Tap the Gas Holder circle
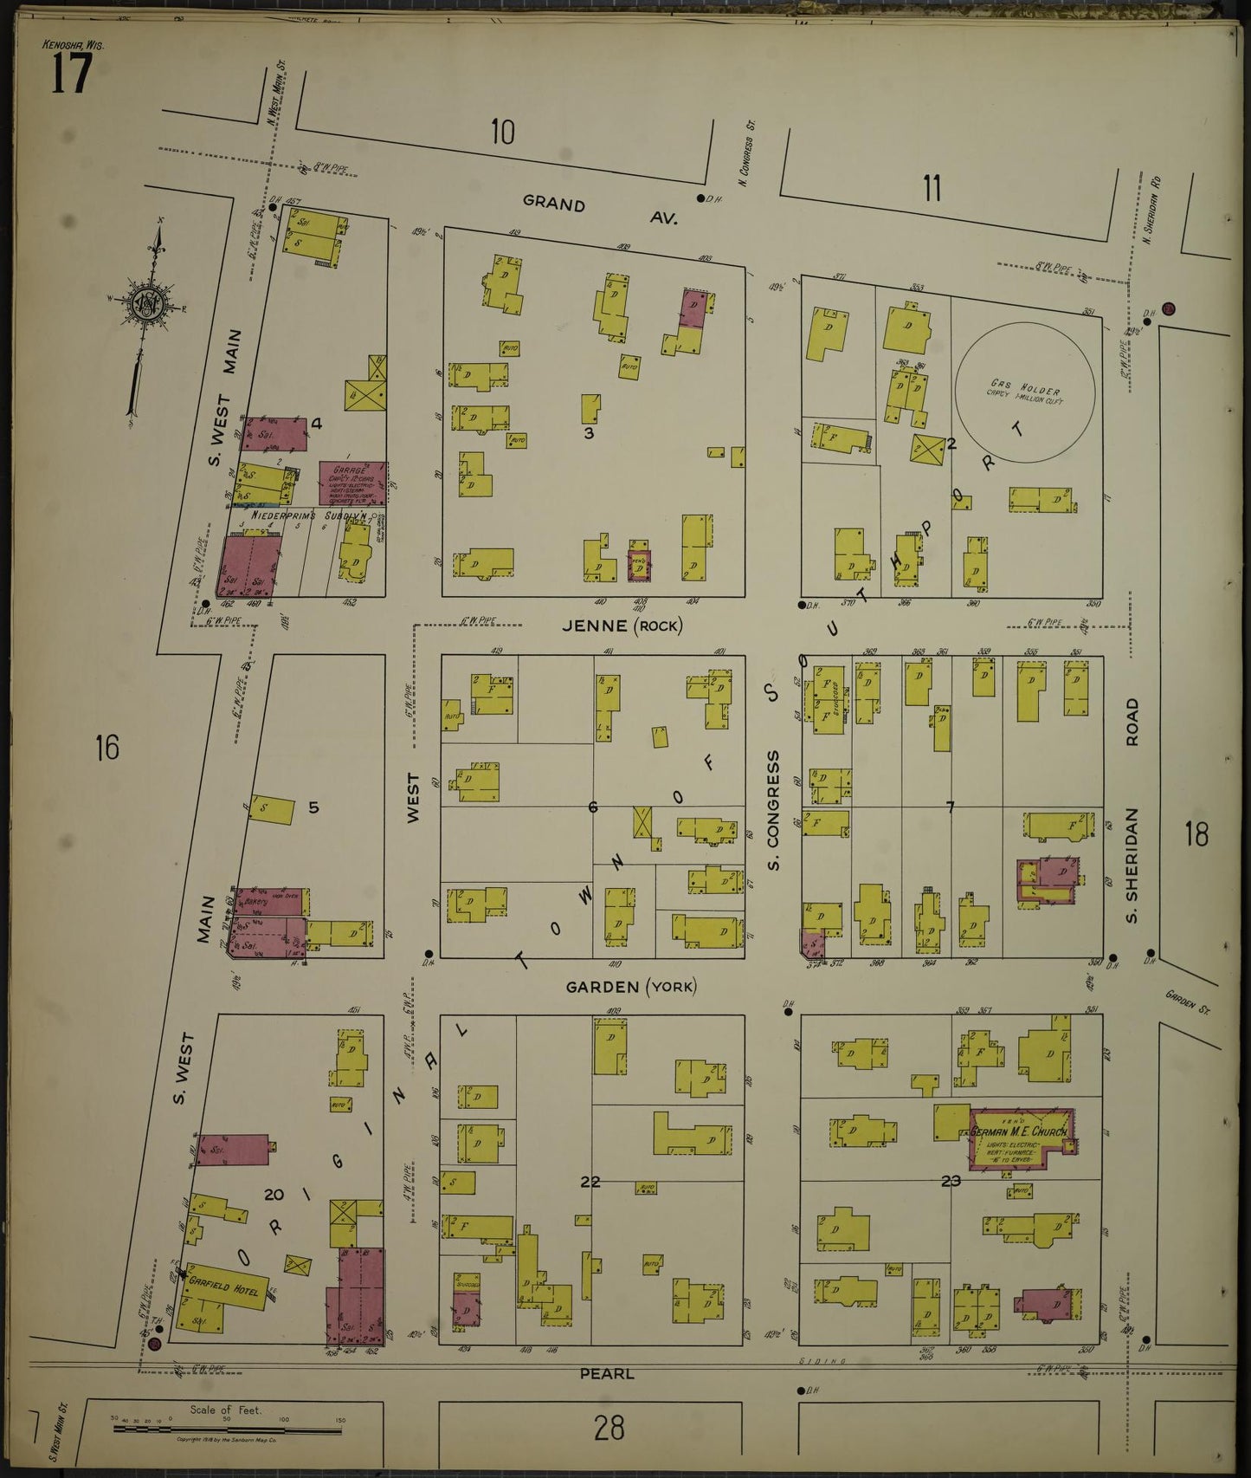1025,392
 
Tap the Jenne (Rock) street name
622,626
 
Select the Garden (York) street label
630,986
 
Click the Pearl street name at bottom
606,1373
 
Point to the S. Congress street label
773,810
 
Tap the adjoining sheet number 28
609,1427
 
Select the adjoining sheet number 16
106,747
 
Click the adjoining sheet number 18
1196,834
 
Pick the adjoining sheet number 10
502,133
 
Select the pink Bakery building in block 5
269,902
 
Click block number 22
590,1181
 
